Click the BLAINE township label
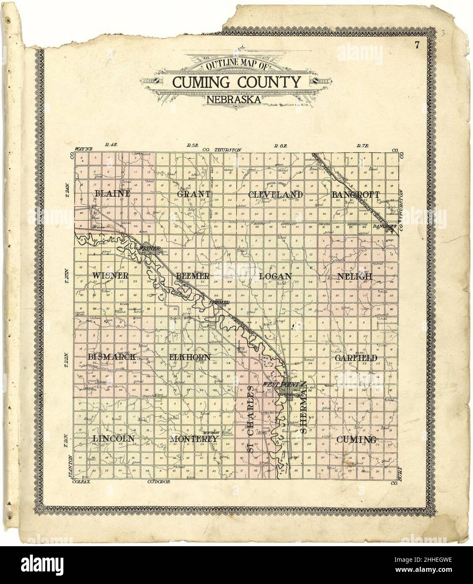pos(113,195)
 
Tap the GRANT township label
pos(193,195)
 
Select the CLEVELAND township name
pos(275,195)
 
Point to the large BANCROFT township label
pos(356,195)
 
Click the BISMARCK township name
pos(111,357)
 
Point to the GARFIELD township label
pos(356,358)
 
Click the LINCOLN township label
pos(113,439)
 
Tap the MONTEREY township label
pos(194,439)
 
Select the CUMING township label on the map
pos(356,439)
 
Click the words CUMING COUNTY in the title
pos(237,82)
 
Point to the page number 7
pos(417,46)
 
